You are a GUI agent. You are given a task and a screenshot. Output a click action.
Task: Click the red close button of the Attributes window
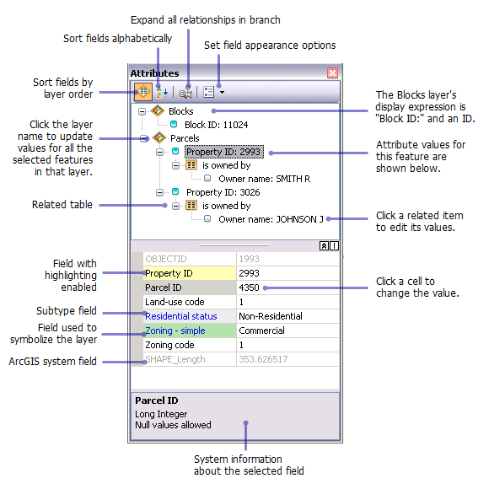click(332, 73)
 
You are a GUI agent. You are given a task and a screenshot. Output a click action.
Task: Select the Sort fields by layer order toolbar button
click(143, 92)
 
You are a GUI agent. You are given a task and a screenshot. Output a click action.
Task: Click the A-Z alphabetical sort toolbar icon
click(162, 92)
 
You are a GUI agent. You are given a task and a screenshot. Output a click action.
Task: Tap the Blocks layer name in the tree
click(181, 111)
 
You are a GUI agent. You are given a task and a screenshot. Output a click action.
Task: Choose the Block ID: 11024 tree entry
click(216, 125)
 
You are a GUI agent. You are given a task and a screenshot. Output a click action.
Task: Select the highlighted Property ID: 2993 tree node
click(224, 152)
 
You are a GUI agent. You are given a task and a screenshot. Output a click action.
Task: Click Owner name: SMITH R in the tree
click(265, 179)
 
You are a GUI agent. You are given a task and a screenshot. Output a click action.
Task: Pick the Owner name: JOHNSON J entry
click(271, 219)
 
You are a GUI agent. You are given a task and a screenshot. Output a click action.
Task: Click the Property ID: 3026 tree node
click(223, 192)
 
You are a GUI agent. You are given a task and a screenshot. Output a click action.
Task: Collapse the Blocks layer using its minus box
click(142, 111)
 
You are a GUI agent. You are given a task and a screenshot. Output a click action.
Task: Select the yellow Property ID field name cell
click(190, 273)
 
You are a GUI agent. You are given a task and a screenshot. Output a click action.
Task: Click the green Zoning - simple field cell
click(190, 330)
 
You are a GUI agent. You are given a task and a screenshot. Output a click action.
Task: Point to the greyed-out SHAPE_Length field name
click(175, 359)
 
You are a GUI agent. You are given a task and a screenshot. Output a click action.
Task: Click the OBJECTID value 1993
click(250, 259)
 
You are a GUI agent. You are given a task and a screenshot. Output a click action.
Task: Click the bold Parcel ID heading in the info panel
click(157, 400)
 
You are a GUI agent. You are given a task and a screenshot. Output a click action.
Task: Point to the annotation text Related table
click(62, 205)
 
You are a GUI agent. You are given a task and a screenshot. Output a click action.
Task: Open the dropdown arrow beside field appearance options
click(222, 92)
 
